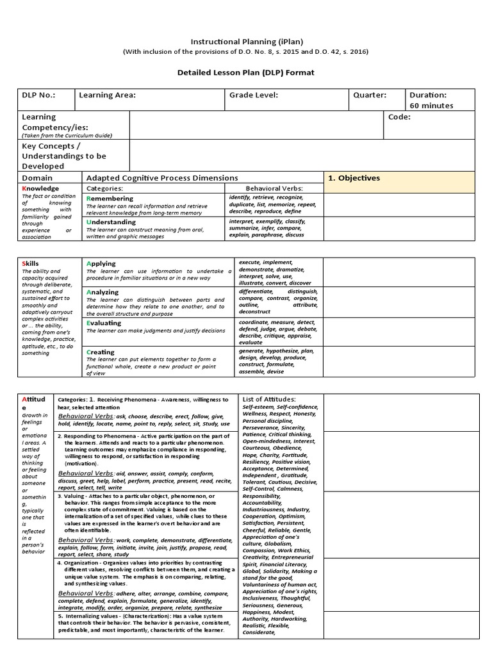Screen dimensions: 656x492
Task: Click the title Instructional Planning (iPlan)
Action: [245, 40]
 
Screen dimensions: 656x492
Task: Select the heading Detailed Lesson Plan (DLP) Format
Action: [245, 72]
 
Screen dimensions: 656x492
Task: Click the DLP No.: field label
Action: [38, 95]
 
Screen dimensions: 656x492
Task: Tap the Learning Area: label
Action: [107, 95]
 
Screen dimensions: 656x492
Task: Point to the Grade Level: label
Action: [254, 95]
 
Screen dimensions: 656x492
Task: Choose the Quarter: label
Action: [370, 95]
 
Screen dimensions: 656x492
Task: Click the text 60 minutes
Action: [431, 106]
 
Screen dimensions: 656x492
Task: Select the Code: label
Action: [399, 117]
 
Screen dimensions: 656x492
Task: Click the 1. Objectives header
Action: [354, 178]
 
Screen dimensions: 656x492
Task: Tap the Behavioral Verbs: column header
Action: [274, 189]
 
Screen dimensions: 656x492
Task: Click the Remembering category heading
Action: [110, 199]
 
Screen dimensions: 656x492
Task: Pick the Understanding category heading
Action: [111, 222]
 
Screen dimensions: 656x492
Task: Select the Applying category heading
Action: [101, 263]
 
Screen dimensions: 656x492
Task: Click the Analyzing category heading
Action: [102, 292]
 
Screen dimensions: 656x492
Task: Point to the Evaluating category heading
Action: [104, 324]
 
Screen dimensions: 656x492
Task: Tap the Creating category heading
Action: [101, 352]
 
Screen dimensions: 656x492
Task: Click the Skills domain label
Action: [31, 263]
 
